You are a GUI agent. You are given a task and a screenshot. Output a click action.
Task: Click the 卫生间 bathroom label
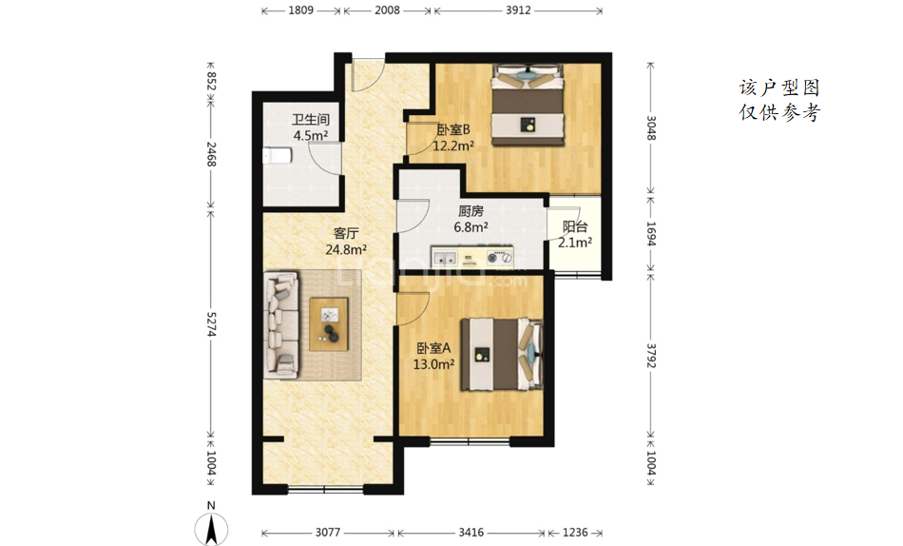coord(311,119)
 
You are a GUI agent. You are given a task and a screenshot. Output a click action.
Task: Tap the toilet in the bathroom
coord(277,156)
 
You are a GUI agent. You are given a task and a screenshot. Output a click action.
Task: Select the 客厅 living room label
coord(346,233)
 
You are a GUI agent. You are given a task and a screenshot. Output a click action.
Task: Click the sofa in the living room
coord(281,325)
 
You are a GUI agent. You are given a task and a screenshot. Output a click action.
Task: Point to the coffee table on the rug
coord(329,324)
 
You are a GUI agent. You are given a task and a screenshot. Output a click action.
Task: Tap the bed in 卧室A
coord(502,355)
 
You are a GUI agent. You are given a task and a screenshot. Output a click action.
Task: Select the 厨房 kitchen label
coord(471,211)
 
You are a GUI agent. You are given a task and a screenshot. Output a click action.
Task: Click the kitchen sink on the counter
coord(445,257)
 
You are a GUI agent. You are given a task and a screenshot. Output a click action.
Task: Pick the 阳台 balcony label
coord(575,227)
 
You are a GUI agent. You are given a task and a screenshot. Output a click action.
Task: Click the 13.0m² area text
coord(433,364)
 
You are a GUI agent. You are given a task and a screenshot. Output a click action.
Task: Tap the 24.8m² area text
coord(346,249)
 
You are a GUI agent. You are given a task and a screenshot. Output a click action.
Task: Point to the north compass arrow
coord(211,529)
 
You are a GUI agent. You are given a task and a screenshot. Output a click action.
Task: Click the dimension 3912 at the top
coord(518,10)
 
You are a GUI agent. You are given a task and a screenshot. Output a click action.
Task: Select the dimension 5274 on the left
coord(211,324)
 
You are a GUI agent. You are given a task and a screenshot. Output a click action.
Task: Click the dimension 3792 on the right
coord(651,356)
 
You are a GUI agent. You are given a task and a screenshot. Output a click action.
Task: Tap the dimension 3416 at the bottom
coord(471,532)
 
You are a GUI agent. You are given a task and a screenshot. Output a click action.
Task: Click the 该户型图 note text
coord(779,88)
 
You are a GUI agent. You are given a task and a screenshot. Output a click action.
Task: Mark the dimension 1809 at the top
coord(300,10)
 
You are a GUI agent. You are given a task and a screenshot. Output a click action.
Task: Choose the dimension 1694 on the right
coord(651,233)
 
